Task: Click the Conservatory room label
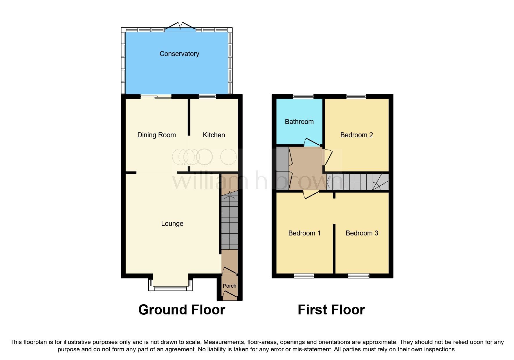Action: pos(179,54)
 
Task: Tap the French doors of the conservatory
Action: pos(181,27)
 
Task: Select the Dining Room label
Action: pos(156,135)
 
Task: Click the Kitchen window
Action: pos(207,97)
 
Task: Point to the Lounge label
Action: pos(172,224)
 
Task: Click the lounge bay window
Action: pos(170,288)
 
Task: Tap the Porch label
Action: pos(229,286)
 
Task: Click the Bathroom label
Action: pos(299,122)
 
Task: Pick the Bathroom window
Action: pos(303,97)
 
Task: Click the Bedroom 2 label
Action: pos(356,135)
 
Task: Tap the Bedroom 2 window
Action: pos(356,97)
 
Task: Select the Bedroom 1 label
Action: pos(304,233)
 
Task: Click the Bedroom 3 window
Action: pos(358,276)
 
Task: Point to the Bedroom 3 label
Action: pos(362,233)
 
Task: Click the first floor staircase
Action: pos(357,182)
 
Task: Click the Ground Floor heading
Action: pos(182,310)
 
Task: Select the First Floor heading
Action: pos(331,310)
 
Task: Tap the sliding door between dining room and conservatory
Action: pos(156,97)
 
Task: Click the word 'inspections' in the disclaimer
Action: pos(440,349)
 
